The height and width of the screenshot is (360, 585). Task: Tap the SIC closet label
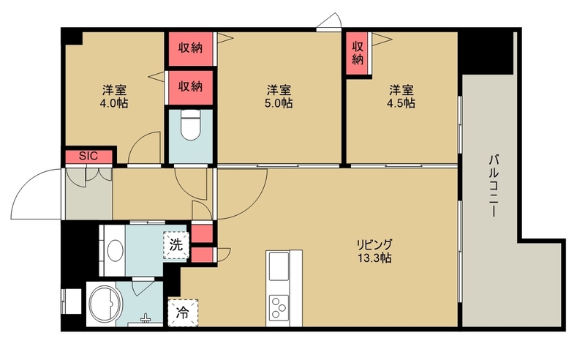tap(88, 156)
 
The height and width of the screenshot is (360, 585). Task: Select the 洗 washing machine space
tap(176, 245)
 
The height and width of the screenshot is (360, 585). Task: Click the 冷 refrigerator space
tap(183, 313)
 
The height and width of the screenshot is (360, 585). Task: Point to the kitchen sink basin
tap(279, 266)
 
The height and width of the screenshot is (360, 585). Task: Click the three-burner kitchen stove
tap(279, 307)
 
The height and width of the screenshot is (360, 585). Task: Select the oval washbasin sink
tap(116, 248)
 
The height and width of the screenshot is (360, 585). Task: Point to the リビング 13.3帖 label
tap(374, 251)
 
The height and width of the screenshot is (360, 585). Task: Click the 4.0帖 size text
tap(114, 103)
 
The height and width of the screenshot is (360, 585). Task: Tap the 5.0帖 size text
tap(279, 103)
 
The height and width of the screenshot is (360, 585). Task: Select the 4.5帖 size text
tap(401, 103)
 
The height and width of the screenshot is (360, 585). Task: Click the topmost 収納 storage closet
tap(190, 48)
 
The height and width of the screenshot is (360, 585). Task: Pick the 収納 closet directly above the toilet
tap(190, 87)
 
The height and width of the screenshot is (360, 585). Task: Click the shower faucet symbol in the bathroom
tap(145, 318)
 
